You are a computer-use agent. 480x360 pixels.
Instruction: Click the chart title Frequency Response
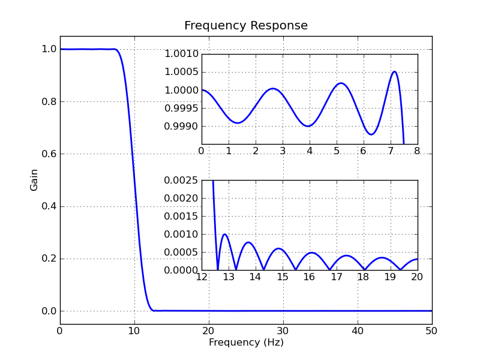click(246, 26)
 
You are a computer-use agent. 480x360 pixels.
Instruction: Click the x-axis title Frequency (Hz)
click(246, 343)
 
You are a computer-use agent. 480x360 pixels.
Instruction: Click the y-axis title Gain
click(34, 180)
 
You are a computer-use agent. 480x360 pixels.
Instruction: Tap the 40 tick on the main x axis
click(358, 331)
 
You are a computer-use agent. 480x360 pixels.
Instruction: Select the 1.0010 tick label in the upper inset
click(181, 55)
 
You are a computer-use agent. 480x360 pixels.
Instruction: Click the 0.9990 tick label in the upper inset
click(181, 127)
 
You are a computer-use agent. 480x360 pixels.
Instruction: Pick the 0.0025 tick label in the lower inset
click(181, 181)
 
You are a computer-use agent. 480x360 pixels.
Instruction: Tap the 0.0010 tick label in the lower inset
click(181, 235)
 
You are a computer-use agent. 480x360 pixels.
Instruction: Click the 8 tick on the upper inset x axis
click(417, 151)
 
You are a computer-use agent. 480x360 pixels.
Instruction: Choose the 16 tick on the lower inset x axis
click(309, 277)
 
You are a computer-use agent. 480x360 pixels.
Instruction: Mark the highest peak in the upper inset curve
click(394, 71)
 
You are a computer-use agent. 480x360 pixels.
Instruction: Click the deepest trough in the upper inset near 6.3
click(371, 134)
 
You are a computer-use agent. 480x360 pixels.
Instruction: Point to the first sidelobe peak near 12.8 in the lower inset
click(224, 234)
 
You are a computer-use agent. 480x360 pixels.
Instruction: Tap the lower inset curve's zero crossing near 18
click(364, 269)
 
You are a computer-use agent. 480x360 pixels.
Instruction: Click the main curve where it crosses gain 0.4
click(136, 206)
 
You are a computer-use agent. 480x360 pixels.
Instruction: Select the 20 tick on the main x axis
click(209, 331)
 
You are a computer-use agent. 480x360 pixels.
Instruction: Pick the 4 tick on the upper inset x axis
click(309, 151)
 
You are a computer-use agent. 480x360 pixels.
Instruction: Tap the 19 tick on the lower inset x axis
click(390, 277)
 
